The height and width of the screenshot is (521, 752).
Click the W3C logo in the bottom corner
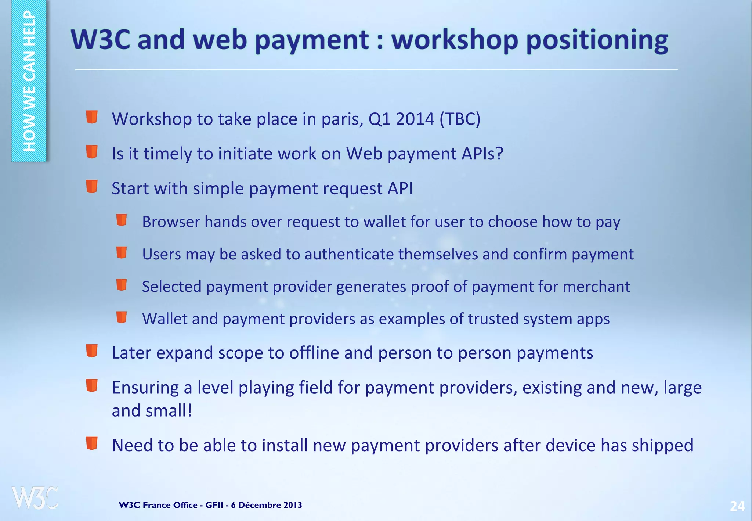pyautogui.click(x=35, y=498)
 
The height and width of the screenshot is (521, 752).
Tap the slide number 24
pyautogui.click(x=737, y=506)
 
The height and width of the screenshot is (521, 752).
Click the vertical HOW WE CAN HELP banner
pyautogui.click(x=29, y=81)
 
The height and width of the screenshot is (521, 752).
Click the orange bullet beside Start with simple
pyautogui.click(x=92, y=186)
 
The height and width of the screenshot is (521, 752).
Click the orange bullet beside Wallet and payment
pyautogui.click(x=122, y=317)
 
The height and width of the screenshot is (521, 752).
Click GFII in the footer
pyautogui.click(x=214, y=505)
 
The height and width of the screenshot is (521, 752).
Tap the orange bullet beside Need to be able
pyautogui.click(x=92, y=443)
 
